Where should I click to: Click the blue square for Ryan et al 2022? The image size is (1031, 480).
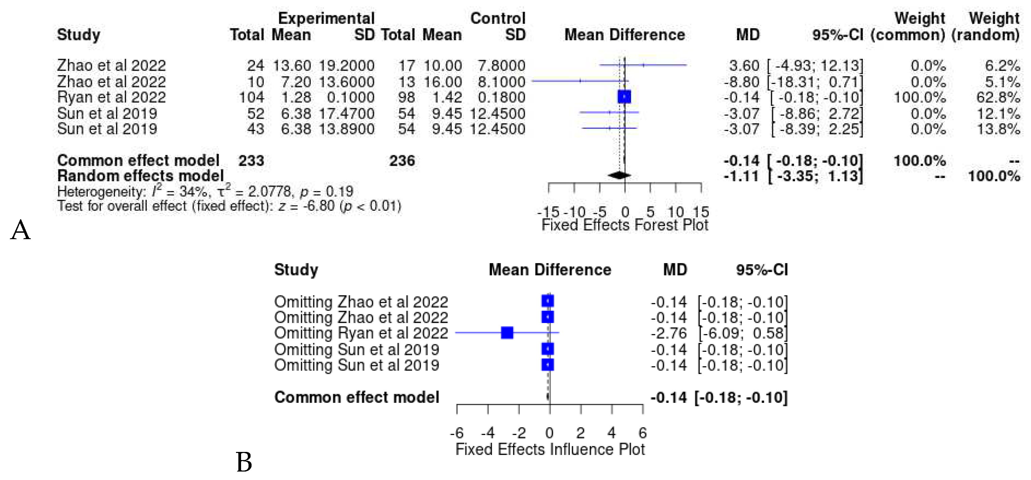624,97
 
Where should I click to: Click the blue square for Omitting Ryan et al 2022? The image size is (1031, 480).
507,333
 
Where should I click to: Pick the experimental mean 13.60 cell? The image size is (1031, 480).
292,65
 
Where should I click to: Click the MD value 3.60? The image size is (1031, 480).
744,65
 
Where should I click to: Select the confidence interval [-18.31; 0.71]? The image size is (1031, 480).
815,82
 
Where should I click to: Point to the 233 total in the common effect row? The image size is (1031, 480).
251,160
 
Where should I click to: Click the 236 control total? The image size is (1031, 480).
402,160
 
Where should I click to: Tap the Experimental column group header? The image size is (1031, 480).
326,18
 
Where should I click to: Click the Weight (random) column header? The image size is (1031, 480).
986,26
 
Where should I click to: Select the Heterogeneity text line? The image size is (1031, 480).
205,191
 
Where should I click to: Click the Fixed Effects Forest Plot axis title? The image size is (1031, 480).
625,225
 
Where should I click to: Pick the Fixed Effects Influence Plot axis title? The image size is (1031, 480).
550,449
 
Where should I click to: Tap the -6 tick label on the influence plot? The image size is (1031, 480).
457,433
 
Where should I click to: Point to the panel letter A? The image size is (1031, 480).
20,230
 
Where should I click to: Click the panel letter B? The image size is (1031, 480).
244,462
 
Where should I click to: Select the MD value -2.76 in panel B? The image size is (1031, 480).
668,333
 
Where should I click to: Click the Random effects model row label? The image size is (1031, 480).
140,176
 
